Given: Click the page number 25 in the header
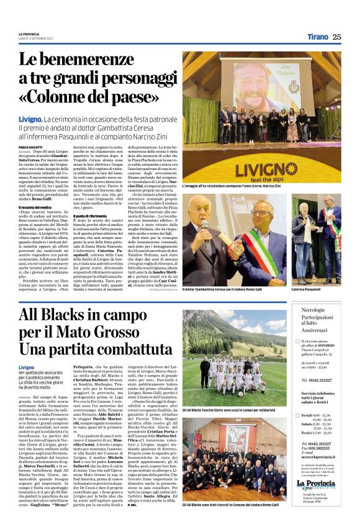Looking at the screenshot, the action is coord(336,37).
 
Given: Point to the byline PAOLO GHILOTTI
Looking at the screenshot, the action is coord(31,146).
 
